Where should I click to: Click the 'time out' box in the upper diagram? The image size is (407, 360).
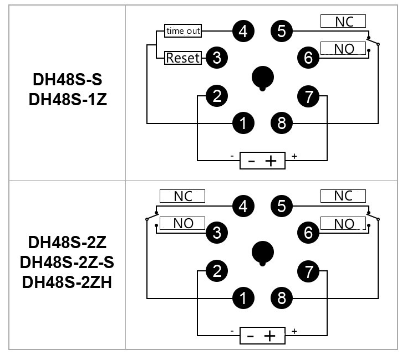[183, 31]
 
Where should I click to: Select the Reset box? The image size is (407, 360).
[183, 58]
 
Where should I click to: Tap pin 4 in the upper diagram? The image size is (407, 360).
[243, 31]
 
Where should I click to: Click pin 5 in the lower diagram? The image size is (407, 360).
[282, 206]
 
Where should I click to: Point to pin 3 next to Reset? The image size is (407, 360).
[217, 58]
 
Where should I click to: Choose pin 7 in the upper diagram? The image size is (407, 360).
[308, 96]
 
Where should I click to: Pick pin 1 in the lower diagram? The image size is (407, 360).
[243, 298]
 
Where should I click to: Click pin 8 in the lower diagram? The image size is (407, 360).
[282, 298]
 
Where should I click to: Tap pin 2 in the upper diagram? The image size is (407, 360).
[217, 96]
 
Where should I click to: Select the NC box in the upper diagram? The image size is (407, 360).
[343, 21]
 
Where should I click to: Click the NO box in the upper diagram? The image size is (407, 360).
[343, 48]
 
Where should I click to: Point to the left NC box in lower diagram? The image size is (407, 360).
[182, 196]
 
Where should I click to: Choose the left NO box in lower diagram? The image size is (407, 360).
[182, 223]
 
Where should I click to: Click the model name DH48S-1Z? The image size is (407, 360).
[68, 100]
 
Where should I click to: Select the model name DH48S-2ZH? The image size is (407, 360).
[67, 282]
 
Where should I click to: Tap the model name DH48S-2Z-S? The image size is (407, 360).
[67, 262]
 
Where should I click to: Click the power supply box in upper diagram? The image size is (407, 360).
[262, 161]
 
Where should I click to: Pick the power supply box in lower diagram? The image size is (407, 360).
[262, 336]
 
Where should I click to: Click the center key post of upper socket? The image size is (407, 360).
[263, 78]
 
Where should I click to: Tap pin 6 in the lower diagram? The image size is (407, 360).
[308, 233]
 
